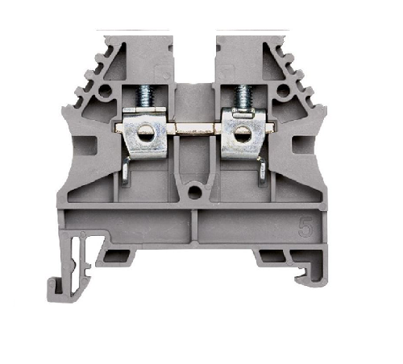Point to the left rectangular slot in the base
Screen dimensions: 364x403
(x=120, y=256)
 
